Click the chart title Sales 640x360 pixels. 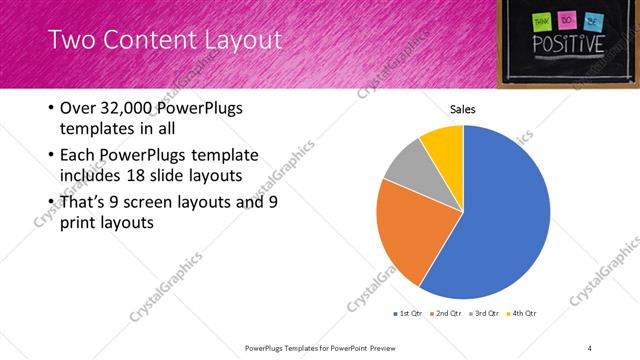click(462, 109)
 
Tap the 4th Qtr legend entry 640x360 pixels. click(522, 314)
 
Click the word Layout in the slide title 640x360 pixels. click(244, 41)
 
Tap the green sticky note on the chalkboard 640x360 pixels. click(542, 20)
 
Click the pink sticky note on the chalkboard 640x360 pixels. click(566, 19)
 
